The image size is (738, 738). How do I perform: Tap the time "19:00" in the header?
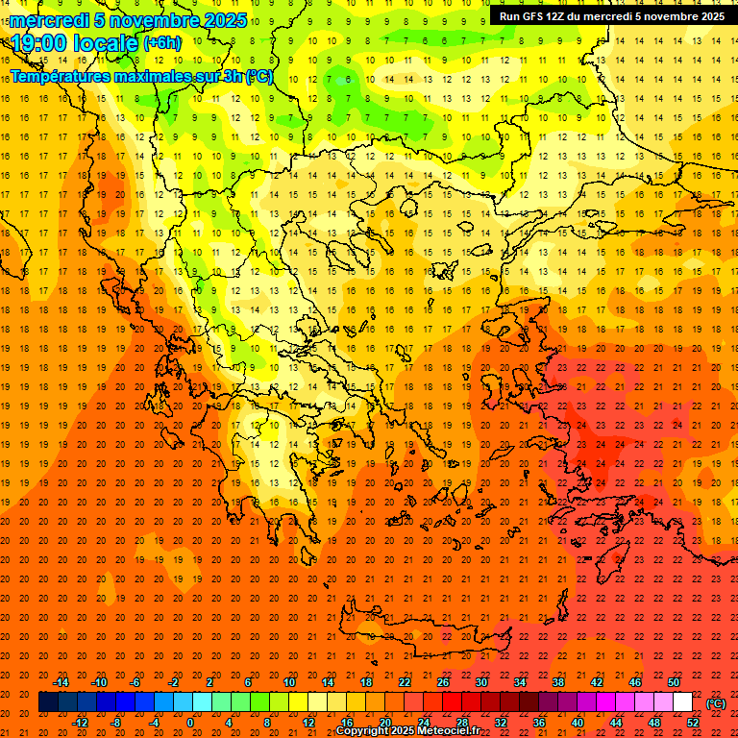(x=41, y=43)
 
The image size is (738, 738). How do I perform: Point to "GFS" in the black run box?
(x=534, y=16)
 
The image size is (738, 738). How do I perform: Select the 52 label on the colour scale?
(x=693, y=722)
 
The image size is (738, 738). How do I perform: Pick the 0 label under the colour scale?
(x=190, y=722)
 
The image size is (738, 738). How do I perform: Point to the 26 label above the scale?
(x=443, y=682)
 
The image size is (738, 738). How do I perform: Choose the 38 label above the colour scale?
(x=558, y=682)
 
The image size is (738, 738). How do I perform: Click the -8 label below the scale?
(x=114, y=722)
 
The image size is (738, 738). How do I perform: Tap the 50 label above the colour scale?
(x=674, y=682)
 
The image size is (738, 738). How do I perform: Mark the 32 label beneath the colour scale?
(x=501, y=722)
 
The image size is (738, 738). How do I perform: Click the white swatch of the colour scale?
(x=683, y=702)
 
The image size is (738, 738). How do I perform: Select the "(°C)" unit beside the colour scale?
(x=716, y=702)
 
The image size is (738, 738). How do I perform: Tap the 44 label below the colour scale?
(x=616, y=722)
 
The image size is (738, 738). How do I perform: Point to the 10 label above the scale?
(x=289, y=682)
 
